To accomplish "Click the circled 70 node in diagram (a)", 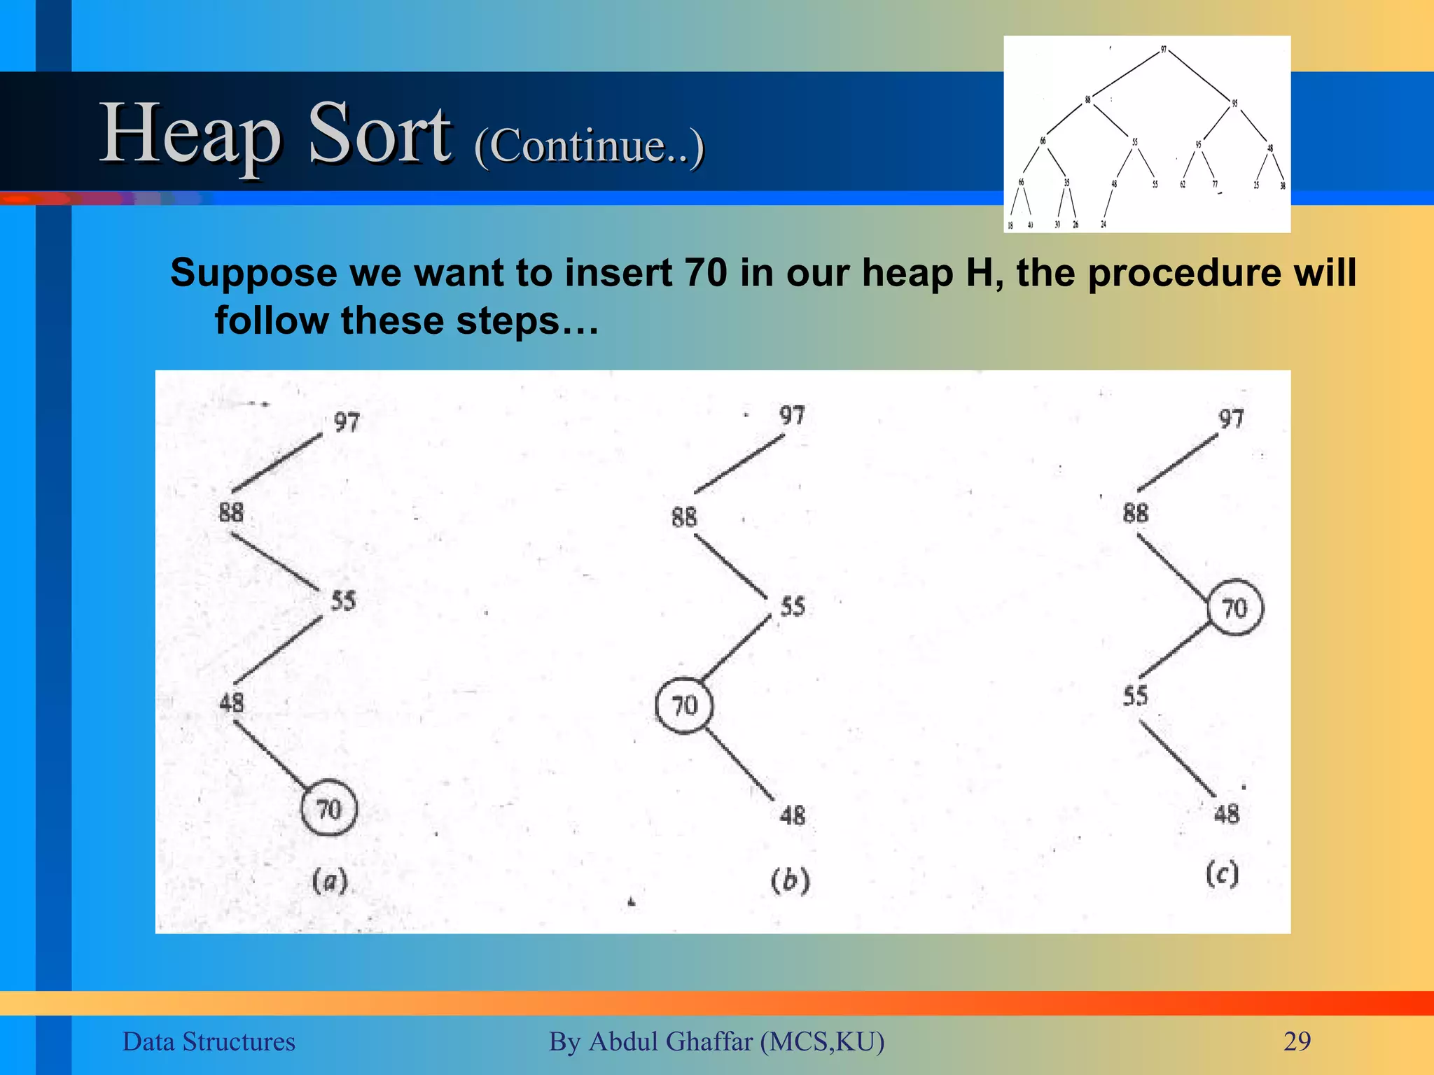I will pos(329,808).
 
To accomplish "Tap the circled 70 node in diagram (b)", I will pos(684,705).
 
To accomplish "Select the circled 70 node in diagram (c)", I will pos(1235,607).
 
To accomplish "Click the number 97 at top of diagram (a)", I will pos(347,422).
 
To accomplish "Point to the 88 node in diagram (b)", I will pos(684,517).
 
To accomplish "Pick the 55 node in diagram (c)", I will pos(1136,696).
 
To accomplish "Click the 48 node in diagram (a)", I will pos(232,702).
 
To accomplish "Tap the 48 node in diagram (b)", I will pos(793,815).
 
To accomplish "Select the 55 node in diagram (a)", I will pos(343,600).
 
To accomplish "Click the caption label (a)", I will pos(330,880).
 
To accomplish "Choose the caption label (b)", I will pos(791,880).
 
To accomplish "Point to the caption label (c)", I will pos(1223,873).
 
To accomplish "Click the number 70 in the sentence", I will pos(706,272).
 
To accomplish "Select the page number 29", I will pos(1297,1041).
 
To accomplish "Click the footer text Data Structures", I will pos(209,1041).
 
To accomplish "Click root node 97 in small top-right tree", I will pos(1164,50).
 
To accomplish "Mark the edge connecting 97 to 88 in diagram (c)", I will pos(1178,463).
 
